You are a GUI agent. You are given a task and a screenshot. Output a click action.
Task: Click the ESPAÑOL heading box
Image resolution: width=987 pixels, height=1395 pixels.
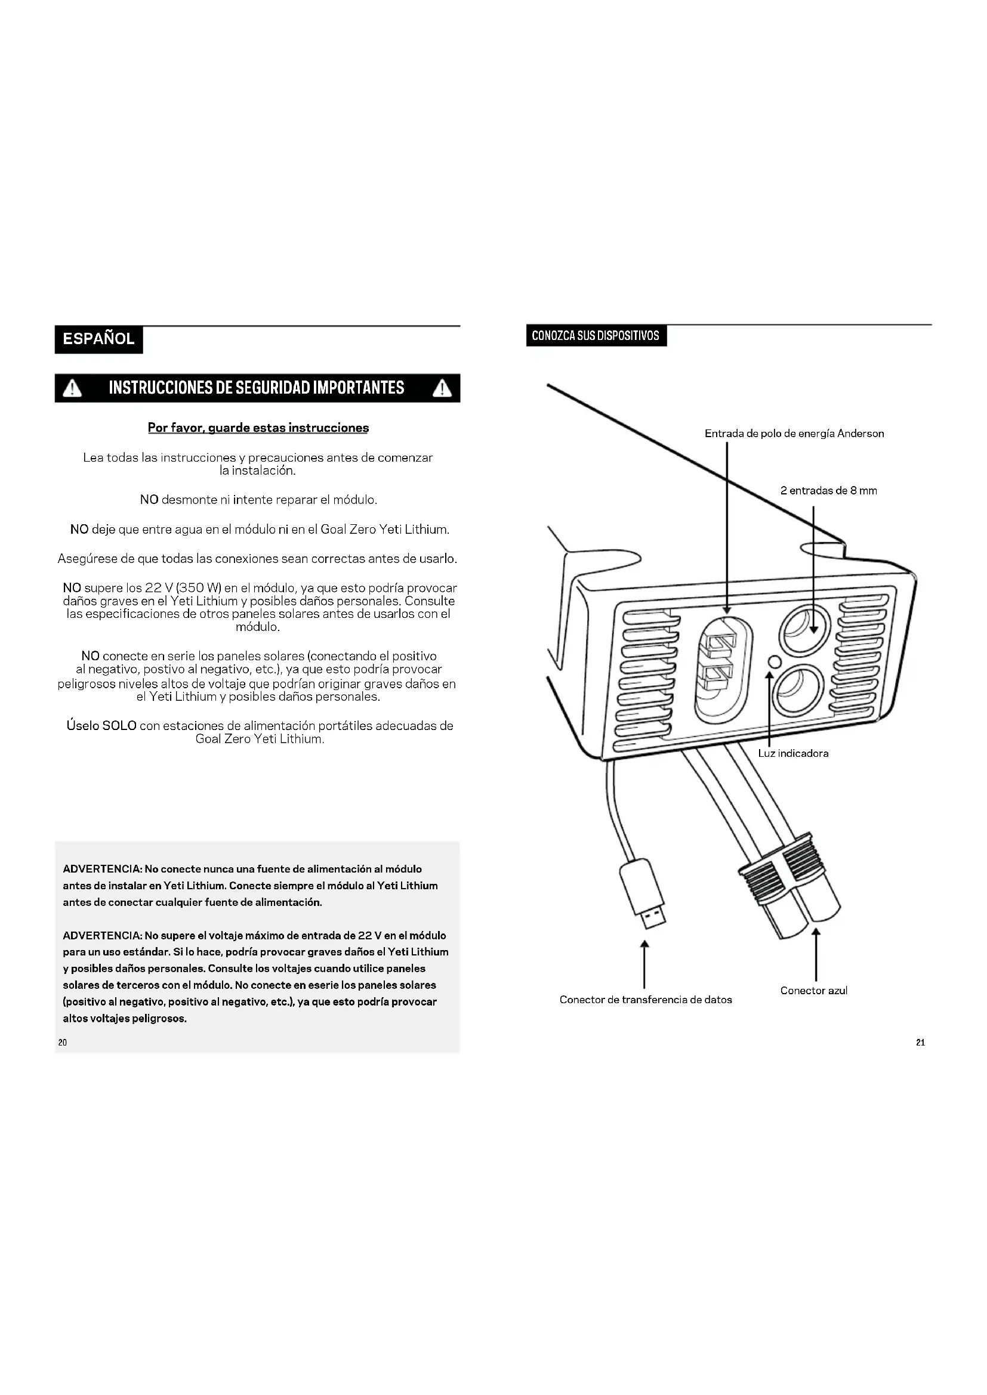pyautogui.click(x=98, y=339)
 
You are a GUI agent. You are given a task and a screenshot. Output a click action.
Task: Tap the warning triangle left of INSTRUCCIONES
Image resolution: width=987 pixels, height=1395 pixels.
pyautogui.click(x=72, y=388)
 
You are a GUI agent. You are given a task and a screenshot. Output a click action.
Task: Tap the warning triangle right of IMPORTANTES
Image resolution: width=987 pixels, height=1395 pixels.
pyautogui.click(x=442, y=388)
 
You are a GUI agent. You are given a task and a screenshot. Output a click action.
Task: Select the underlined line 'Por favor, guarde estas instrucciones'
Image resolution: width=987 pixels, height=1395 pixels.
pyautogui.click(x=258, y=428)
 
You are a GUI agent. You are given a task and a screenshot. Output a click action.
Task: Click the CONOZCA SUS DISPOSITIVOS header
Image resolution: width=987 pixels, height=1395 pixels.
pyautogui.click(x=596, y=336)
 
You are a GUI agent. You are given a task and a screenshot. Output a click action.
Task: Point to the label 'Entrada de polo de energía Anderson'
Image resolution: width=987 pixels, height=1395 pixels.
pyautogui.click(x=794, y=434)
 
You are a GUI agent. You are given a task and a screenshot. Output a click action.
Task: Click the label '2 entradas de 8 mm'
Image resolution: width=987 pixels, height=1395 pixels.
pyautogui.click(x=828, y=491)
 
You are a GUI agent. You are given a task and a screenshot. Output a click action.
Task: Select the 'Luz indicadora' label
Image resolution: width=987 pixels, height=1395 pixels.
pyautogui.click(x=793, y=753)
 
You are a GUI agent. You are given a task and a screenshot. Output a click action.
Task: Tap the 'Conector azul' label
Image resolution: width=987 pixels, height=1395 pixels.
pyautogui.click(x=814, y=991)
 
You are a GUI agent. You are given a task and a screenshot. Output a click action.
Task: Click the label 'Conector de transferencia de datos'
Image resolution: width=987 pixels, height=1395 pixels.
pyautogui.click(x=646, y=1000)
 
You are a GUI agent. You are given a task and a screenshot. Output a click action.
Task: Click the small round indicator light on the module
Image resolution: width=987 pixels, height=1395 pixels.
pyautogui.click(x=775, y=661)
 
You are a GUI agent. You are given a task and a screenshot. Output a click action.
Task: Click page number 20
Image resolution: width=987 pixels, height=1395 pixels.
pyautogui.click(x=63, y=1043)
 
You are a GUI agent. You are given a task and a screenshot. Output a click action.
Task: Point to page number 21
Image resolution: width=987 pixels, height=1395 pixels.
pyautogui.click(x=920, y=1043)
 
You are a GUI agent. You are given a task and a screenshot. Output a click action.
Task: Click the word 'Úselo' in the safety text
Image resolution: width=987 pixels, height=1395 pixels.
pyautogui.click(x=83, y=726)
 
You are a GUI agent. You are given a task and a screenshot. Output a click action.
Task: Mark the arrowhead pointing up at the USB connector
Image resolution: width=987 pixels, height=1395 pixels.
pyautogui.click(x=645, y=945)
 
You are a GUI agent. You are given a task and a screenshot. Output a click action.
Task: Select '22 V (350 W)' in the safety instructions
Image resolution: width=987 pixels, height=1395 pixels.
pyautogui.click(x=183, y=588)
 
